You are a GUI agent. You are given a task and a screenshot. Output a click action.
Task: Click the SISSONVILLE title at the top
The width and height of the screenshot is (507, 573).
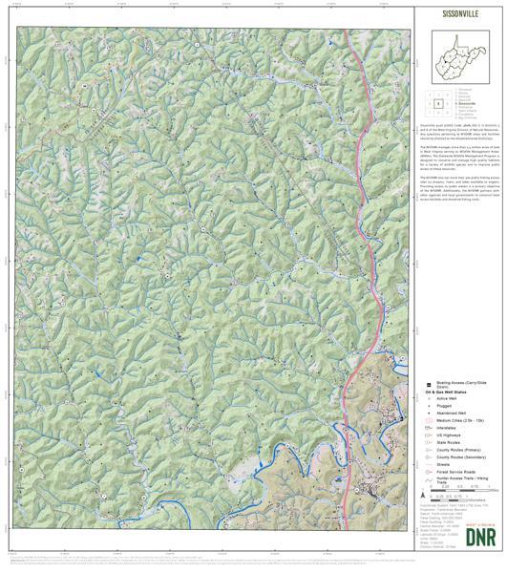coord(455,16)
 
